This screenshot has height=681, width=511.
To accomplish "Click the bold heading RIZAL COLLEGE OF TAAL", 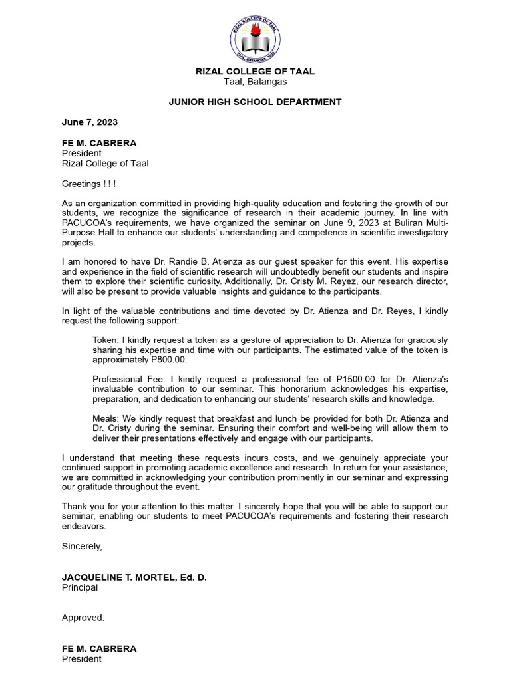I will click(255, 71).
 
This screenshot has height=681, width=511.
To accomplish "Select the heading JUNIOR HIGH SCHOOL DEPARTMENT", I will click(255, 102).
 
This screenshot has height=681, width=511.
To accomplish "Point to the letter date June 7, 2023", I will click(89, 122).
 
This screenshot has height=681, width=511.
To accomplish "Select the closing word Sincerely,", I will click(82, 546).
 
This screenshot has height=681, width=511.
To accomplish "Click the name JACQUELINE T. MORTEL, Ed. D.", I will click(134, 577).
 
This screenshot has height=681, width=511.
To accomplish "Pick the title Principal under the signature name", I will click(80, 587).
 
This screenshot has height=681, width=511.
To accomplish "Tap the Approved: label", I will click(83, 618).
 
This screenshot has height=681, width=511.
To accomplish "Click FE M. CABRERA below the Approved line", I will click(99, 648).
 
